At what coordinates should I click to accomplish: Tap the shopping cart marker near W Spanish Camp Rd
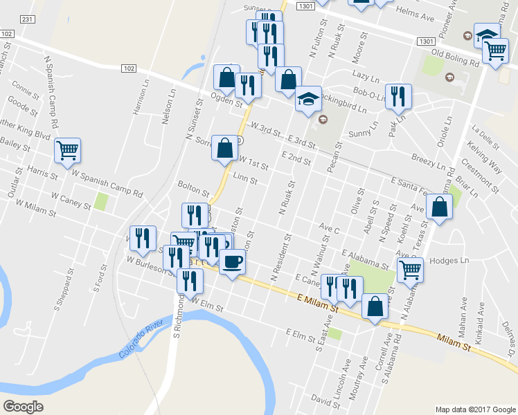pyautogui.click(x=68, y=150)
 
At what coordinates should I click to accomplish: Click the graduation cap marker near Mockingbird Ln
pyautogui.click(x=308, y=99)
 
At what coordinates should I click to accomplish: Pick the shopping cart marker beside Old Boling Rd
pyautogui.click(x=495, y=50)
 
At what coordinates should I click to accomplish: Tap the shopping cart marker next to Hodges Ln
pyautogui.click(x=411, y=270)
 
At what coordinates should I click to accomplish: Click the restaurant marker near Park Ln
pyautogui.click(x=398, y=96)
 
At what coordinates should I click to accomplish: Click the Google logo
pyautogui.click(x=23, y=407)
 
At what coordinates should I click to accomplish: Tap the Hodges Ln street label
pyautogui.click(x=449, y=261)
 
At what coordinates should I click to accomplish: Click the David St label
pyautogui.click(x=321, y=399)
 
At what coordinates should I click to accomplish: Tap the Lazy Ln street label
pyautogui.click(x=367, y=72)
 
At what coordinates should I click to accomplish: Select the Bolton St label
pyautogui.click(x=193, y=187)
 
